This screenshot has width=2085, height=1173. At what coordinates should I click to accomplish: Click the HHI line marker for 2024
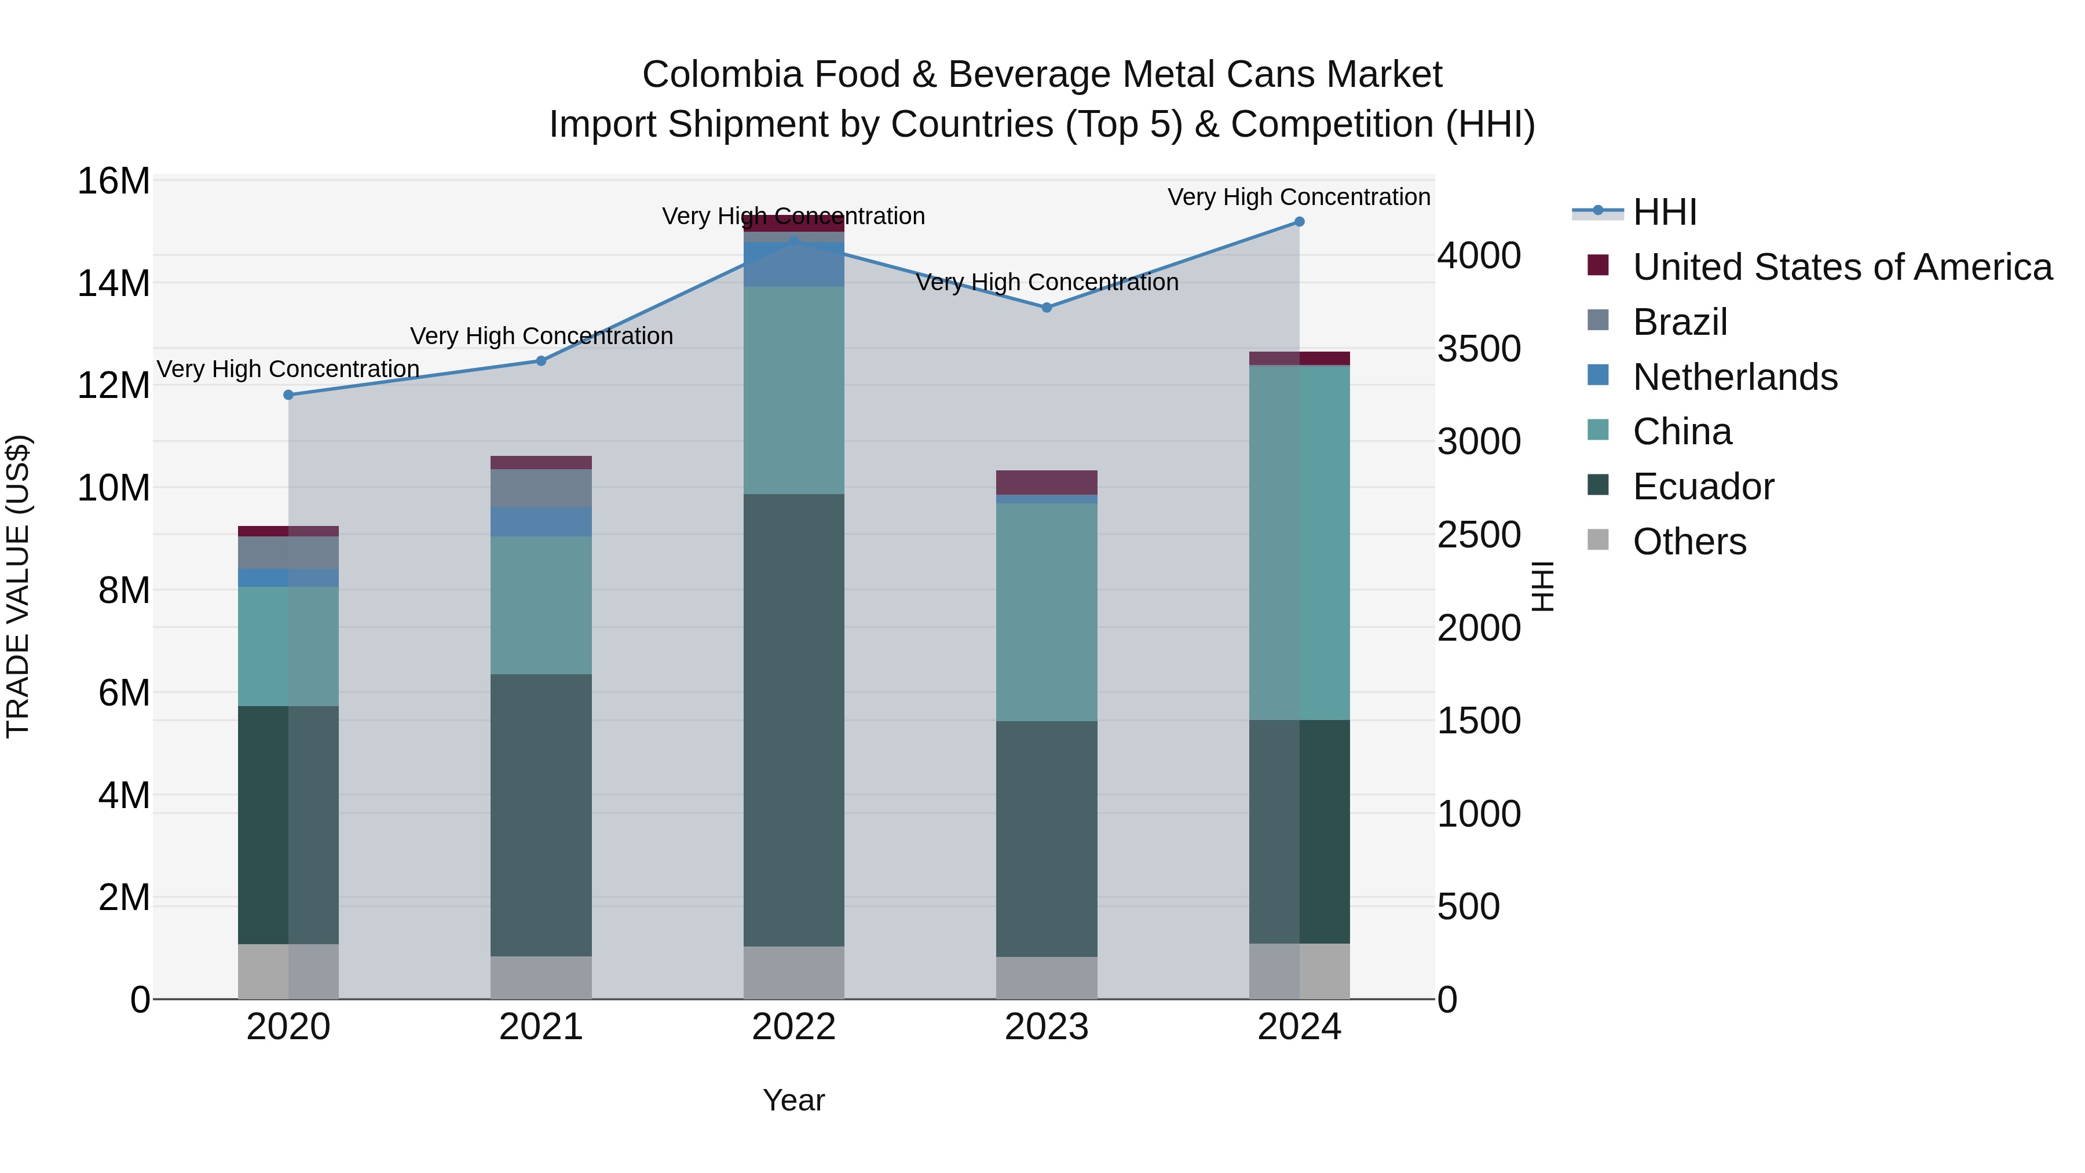(x=1299, y=222)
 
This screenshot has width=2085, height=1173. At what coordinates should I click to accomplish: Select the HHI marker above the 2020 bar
(x=288, y=395)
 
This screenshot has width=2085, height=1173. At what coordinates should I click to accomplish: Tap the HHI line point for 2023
(x=1047, y=308)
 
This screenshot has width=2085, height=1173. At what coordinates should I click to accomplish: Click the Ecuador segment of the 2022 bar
(x=793, y=721)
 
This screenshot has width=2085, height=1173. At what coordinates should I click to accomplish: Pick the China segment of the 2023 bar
(x=1047, y=612)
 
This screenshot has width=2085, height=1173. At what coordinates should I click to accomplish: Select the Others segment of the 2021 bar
(x=541, y=977)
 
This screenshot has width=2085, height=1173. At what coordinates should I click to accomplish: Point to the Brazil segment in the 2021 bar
(x=541, y=488)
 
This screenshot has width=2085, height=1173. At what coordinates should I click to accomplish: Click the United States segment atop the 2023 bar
(x=1047, y=483)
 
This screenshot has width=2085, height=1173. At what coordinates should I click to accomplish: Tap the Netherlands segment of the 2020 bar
(x=288, y=578)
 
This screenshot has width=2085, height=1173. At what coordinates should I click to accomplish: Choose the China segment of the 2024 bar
(x=1299, y=542)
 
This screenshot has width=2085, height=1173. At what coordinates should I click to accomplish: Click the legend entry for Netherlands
(x=1735, y=377)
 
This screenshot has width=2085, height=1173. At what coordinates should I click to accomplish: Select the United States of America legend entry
(x=1841, y=267)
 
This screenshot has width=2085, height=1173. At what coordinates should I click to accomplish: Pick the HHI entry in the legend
(x=1664, y=212)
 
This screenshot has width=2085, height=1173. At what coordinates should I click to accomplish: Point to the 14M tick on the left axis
(x=114, y=283)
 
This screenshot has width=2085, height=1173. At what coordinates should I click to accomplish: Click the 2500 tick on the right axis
(x=1479, y=535)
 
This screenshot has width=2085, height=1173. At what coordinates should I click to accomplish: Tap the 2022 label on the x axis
(x=793, y=1027)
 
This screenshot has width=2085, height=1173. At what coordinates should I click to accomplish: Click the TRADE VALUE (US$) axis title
(x=18, y=586)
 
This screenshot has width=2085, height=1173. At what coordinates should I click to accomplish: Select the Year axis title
(x=793, y=1100)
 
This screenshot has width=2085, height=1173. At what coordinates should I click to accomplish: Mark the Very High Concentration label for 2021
(x=541, y=336)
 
